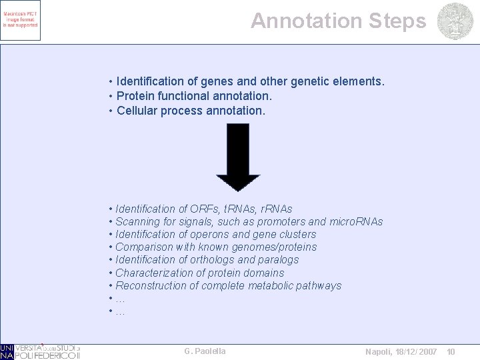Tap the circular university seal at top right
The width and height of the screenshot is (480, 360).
click(x=455, y=21)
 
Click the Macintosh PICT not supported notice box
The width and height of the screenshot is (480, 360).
click(x=21, y=21)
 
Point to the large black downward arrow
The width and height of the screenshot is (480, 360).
click(x=238, y=157)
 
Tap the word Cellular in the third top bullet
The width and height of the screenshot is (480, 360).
click(x=138, y=111)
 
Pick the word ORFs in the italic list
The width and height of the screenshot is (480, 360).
click(x=207, y=209)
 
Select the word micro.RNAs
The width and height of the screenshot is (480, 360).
click(x=357, y=222)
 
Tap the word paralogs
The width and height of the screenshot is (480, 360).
click(x=278, y=260)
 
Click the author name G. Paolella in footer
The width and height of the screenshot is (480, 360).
click(x=205, y=351)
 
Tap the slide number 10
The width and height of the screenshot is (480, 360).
click(x=451, y=351)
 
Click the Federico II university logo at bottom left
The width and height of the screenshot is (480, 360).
click(x=40, y=351)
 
